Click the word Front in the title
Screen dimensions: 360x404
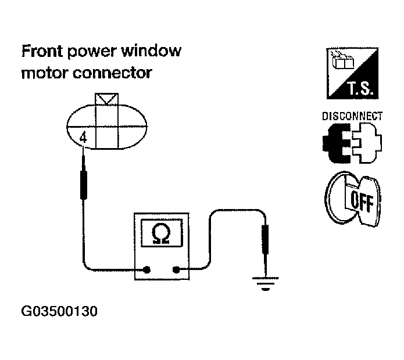(x=41, y=52)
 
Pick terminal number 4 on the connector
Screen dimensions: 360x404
(x=83, y=139)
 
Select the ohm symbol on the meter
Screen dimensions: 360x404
(x=161, y=233)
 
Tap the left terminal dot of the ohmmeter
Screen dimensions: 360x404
(x=146, y=269)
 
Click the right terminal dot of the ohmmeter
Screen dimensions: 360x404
(x=176, y=269)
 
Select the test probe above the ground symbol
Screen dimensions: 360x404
(x=266, y=238)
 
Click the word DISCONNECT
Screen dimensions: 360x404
(x=352, y=116)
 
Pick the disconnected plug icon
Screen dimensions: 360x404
(x=352, y=143)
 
